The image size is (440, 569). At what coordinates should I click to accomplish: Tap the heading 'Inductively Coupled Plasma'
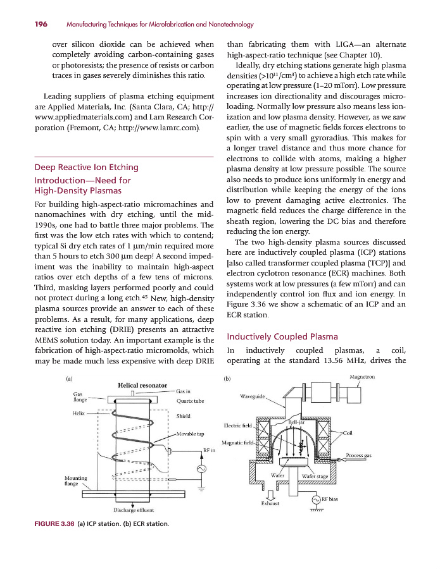click(273, 336)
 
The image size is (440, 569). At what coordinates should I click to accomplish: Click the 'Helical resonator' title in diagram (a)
click(142, 385)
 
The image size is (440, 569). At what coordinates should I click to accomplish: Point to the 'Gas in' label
click(184, 391)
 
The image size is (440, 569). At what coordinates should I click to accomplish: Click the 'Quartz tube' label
click(189, 400)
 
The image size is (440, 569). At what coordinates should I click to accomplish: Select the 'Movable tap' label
click(191, 434)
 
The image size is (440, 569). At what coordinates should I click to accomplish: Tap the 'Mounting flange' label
click(76, 480)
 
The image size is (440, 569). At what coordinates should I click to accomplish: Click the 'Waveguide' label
click(252, 396)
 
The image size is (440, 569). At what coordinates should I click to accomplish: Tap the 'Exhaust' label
click(270, 504)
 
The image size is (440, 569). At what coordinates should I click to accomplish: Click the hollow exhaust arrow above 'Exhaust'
click(271, 494)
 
